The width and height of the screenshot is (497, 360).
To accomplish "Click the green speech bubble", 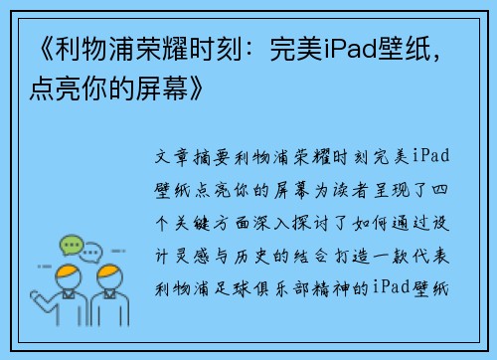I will point(71,245).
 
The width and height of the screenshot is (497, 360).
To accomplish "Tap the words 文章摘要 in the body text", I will point(194,159).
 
